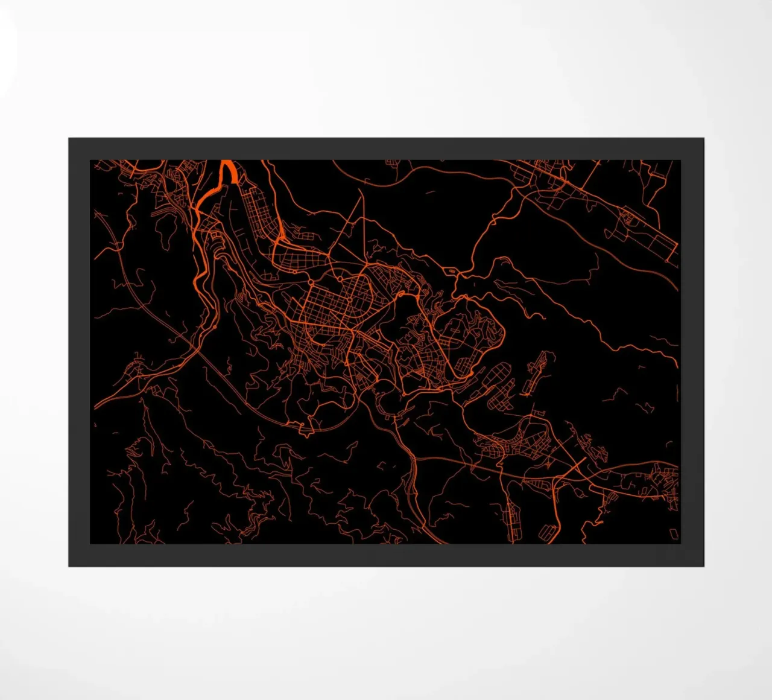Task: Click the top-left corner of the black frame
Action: point(69,139)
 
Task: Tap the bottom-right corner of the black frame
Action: point(703,565)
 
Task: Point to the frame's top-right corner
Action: point(703,139)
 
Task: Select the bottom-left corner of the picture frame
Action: point(69,565)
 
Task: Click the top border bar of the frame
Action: point(386,148)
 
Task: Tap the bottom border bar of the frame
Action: point(386,555)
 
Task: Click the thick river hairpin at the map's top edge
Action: point(229,170)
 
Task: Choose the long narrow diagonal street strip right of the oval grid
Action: point(539,371)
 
